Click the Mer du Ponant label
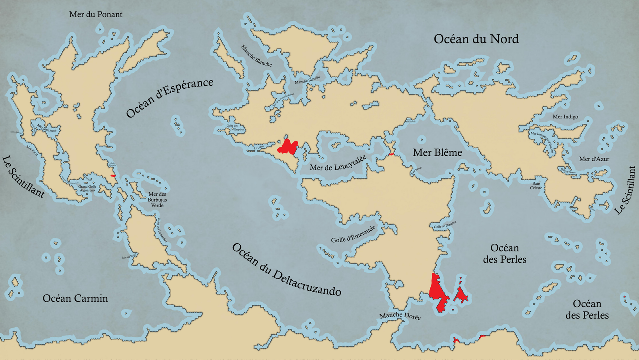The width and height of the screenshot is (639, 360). [95, 15]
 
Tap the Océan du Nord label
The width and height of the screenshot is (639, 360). [476, 39]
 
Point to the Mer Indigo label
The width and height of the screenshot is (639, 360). [565, 117]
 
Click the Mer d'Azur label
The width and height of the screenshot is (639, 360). [594, 159]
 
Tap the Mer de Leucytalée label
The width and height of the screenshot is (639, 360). [338, 164]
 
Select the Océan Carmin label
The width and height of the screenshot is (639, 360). [75, 298]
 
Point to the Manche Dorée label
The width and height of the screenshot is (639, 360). [400, 316]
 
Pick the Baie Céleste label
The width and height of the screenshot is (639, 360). [537, 186]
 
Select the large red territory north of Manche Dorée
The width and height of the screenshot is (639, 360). [438, 292]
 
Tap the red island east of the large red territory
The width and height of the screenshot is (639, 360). [460, 294]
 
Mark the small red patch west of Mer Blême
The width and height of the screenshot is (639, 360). [391, 154]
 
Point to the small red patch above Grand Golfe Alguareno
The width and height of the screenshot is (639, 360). [114, 175]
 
